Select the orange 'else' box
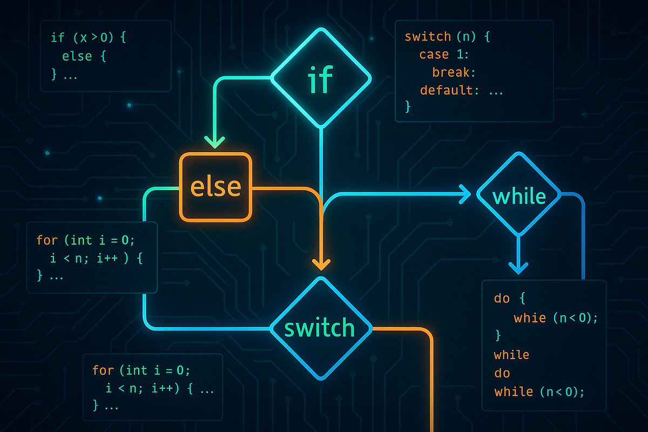pyautogui.click(x=215, y=187)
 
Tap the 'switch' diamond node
pyautogui.click(x=320, y=328)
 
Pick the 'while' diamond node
pyautogui.click(x=519, y=195)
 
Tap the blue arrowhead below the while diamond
pyautogui.click(x=519, y=266)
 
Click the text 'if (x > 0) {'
pyautogui.click(x=89, y=37)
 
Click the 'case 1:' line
pyautogui.click(x=441, y=55)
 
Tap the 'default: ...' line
pyautogui.click(x=461, y=90)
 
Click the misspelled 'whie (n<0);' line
pyautogui.click(x=556, y=318)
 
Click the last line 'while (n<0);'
pyautogui.click(x=539, y=391)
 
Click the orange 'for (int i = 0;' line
pyautogui.click(x=141, y=370)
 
